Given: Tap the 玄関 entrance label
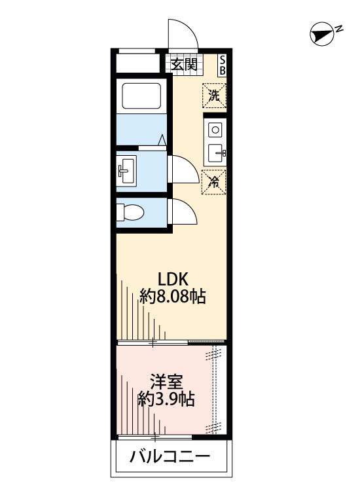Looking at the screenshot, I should coord(185,64).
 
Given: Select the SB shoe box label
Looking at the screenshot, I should coord(222,64).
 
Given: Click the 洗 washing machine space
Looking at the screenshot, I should coord(214,95).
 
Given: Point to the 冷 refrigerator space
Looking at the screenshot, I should coord(213,181).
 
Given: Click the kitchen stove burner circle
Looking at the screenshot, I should coord(215,129).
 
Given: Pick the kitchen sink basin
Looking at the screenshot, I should coord(215,155).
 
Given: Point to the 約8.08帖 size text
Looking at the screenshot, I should coord(173,297).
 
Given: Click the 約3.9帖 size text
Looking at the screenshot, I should coord(166,399).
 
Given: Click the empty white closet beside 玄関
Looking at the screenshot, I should coord(139,64).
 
